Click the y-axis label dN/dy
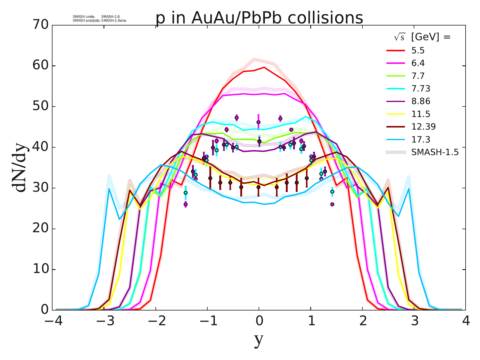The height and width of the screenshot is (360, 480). (20, 167)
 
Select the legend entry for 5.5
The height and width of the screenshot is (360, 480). (418, 50)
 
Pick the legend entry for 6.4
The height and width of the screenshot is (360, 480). (418, 63)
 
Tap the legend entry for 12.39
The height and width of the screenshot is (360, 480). (423, 127)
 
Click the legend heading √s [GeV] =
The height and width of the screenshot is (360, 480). (422, 37)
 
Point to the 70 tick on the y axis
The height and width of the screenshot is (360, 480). (40, 25)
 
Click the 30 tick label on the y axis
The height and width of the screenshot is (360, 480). (40, 188)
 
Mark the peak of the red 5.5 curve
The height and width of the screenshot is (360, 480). (264, 67)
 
